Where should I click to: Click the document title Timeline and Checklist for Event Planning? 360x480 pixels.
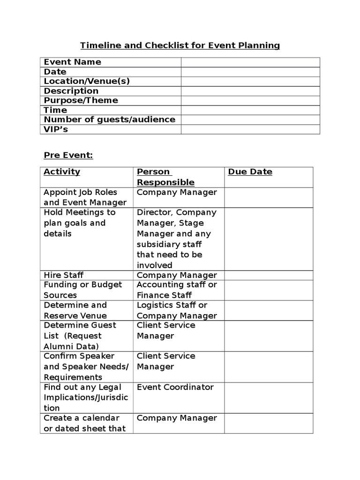[x=180, y=45]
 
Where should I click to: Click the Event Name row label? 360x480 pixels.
[x=72, y=62]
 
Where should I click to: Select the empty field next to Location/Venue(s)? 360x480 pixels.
[x=250, y=81]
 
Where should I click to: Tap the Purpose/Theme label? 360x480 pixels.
[x=81, y=100]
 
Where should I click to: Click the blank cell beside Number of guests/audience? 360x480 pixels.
[x=250, y=120]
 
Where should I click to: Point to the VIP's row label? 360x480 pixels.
[x=56, y=129]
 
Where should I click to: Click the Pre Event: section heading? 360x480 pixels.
[x=68, y=156]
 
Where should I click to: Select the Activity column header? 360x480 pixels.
[x=62, y=172]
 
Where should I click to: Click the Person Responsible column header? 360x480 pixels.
[x=165, y=177]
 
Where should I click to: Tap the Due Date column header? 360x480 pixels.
[x=250, y=172]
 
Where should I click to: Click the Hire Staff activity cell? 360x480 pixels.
[x=63, y=275]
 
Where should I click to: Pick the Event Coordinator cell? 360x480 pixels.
[x=175, y=387]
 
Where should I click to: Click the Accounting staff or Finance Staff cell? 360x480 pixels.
[x=177, y=290]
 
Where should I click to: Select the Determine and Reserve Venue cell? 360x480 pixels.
[x=75, y=310]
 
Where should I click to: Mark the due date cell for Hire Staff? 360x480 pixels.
[x=268, y=275]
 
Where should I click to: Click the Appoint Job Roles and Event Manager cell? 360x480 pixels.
[x=85, y=197]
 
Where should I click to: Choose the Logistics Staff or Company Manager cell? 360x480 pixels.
[x=177, y=310]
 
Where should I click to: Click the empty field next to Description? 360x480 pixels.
[x=250, y=91]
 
